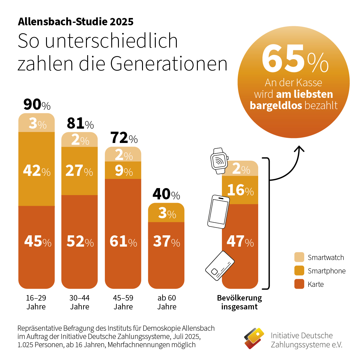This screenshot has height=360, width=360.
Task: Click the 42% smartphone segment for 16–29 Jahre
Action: tap(37, 169)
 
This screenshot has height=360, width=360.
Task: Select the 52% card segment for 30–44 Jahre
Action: tap(80, 241)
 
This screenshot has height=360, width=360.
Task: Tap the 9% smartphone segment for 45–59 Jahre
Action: tap(123, 170)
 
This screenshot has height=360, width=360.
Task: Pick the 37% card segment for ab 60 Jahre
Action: tap(166, 241)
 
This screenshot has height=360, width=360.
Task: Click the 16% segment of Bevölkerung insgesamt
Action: tap(240, 190)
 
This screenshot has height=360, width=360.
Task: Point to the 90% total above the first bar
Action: tap(37, 105)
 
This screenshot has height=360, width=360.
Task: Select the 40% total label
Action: tap(166, 194)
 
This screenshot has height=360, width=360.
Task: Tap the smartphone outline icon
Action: tap(218, 212)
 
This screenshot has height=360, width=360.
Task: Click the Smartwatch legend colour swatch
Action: tap(299, 257)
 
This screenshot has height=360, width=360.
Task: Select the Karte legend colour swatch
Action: tap(299, 284)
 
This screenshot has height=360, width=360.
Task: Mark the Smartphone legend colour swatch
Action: tap(299, 271)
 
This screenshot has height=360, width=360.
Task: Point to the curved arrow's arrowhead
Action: tap(299, 148)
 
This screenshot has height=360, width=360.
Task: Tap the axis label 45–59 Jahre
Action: tap(123, 302)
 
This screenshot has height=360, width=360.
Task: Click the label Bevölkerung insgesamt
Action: tap(239, 302)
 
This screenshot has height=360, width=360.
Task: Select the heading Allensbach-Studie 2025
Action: tap(76, 22)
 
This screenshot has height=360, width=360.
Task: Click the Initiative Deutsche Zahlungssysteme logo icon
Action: tap(254, 338)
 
